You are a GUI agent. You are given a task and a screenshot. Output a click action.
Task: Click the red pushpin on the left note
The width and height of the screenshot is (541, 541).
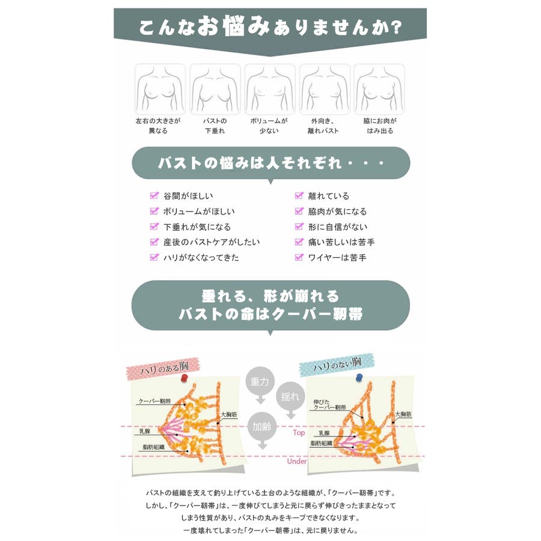185,378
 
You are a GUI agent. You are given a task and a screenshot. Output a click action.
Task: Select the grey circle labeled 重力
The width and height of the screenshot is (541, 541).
260,381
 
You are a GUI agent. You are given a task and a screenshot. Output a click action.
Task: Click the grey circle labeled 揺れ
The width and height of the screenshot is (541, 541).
290,397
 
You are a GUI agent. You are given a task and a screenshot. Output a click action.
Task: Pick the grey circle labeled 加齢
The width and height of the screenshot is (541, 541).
262,427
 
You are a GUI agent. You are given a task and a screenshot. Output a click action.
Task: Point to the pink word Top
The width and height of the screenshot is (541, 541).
299,433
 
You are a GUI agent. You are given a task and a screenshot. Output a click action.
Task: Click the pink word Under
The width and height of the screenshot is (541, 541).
297,461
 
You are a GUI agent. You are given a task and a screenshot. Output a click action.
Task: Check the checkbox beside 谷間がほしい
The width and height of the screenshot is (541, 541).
154,195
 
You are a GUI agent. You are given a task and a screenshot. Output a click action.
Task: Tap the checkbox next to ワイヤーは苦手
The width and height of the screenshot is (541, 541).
299,257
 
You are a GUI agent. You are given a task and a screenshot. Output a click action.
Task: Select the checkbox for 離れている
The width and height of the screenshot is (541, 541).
299,195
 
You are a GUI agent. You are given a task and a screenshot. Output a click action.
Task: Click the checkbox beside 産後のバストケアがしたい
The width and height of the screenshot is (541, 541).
154,242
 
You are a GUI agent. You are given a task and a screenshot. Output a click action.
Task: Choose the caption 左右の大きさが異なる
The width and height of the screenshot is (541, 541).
158,126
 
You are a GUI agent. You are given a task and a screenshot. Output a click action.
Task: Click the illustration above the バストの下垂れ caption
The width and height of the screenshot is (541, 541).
215,89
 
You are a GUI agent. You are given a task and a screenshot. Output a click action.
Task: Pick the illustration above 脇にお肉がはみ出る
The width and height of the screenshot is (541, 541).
379,89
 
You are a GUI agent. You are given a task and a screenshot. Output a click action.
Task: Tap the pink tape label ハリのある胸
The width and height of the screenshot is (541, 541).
163,369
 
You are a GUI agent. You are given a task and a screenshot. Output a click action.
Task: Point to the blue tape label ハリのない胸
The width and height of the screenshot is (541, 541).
337,365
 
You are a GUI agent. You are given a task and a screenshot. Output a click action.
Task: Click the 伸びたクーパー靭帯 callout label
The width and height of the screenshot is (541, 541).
329,405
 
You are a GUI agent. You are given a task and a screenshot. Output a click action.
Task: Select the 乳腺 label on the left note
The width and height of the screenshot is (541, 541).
145,431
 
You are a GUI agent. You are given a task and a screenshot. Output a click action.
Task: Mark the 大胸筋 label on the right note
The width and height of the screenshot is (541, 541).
403,414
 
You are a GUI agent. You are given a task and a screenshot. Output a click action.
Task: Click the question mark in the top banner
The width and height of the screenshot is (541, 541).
397,27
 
